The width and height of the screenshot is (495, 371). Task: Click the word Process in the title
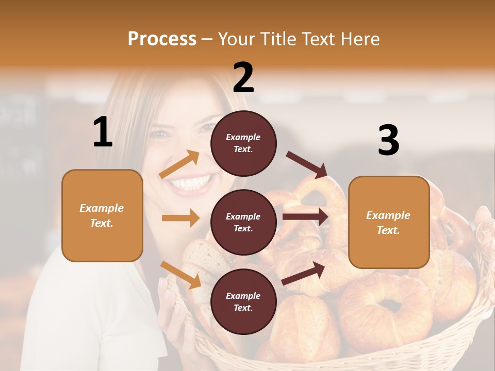coord(162,39)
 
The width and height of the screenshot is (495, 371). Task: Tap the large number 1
coord(103,132)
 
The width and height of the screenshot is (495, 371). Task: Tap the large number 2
coord(243,77)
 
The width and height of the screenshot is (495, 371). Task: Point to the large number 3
coord(388,141)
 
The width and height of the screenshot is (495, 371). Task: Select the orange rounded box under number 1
coord(102,215)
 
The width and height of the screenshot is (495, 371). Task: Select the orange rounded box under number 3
coord(389,223)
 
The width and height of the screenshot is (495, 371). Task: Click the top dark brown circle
coord(243,143)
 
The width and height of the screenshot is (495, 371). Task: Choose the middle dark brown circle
coord(243,222)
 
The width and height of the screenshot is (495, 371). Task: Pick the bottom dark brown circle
coord(243,301)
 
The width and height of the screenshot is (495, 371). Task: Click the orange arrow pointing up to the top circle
coord(179,164)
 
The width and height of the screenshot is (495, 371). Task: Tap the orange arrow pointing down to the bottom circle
coord(180,274)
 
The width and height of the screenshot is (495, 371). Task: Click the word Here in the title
coord(360,39)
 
